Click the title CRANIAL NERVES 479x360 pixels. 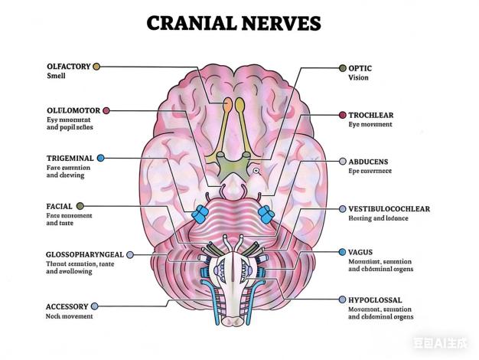(x=233, y=23)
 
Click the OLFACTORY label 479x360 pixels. (x=68, y=67)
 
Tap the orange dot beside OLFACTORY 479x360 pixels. (x=96, y=67)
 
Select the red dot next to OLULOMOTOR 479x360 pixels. (x=106, y=110)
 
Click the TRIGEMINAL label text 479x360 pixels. (x=70, y=158)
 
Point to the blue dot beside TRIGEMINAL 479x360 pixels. (x=100, y=158)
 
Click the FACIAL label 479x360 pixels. (x=60, y=206)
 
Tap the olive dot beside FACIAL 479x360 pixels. (x=80, y=206)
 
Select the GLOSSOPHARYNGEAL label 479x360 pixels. (x=84, y=254)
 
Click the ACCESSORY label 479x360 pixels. (x=67, y=306)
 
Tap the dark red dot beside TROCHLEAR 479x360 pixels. (x=342, y=115)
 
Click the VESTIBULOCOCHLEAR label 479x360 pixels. (x=389, y=209)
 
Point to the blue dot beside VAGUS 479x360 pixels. (x=342, y=252)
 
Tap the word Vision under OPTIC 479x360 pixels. (x=358, y=78)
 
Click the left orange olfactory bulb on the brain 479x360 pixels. (x=227, y=103)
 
